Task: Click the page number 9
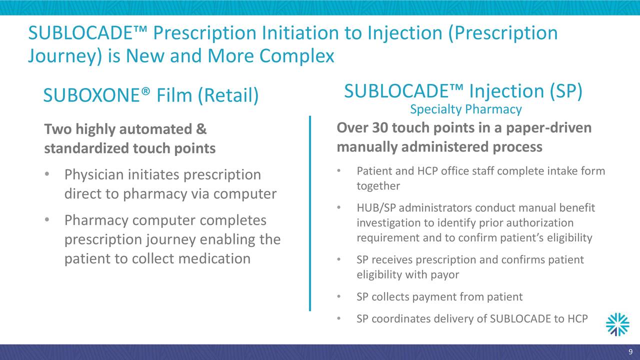630,350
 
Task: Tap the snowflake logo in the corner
617,325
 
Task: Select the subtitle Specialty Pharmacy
465,109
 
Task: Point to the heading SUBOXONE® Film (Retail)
150,95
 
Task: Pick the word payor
445,274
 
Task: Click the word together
378,186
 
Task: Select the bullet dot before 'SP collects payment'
339,297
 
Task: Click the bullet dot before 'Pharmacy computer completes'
46,220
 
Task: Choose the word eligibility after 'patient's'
568,237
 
